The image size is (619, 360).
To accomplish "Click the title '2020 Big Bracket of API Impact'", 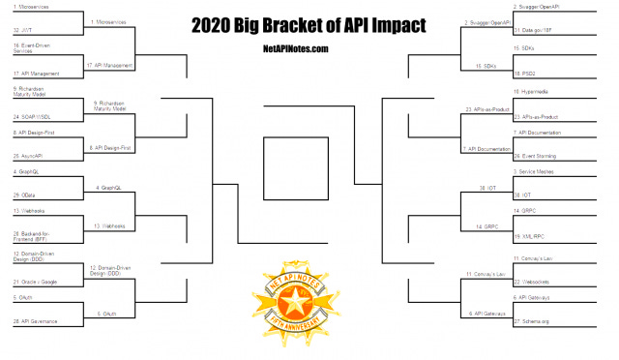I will pos(309,23).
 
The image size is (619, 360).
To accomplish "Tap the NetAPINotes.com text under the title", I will pos(309,47).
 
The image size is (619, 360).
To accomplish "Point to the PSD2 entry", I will pos(531,73).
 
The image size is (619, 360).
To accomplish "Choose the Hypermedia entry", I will pos(537,91).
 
